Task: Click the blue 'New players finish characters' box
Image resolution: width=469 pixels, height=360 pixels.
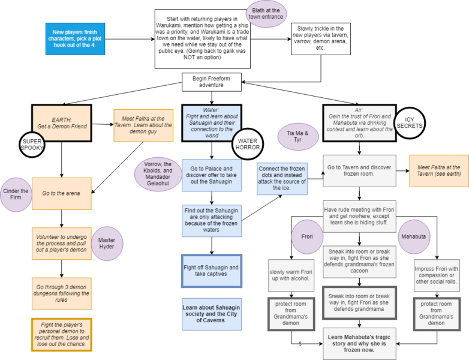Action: pyautogui.click(x=76, y=38)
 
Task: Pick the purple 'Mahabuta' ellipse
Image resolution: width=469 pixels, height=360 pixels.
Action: pyautogui.click(x=413, y=236)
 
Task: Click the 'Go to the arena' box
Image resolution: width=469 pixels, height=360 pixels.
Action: pyautogui.click(x=61, y=193)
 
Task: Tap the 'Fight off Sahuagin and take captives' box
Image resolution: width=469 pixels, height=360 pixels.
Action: pyautogui.click(x=212, y=271)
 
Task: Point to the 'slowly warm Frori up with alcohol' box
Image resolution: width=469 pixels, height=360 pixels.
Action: pyautogui.click(x=291, y=273)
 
